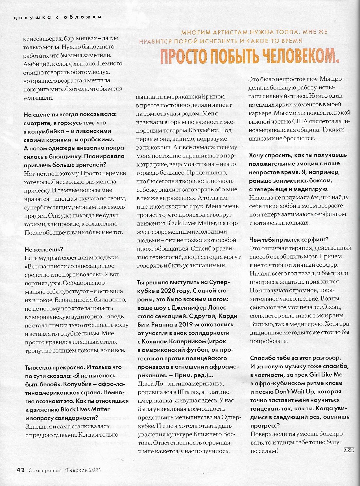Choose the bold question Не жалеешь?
(x=44, y=249)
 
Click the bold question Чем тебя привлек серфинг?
(x=289, y=240)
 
